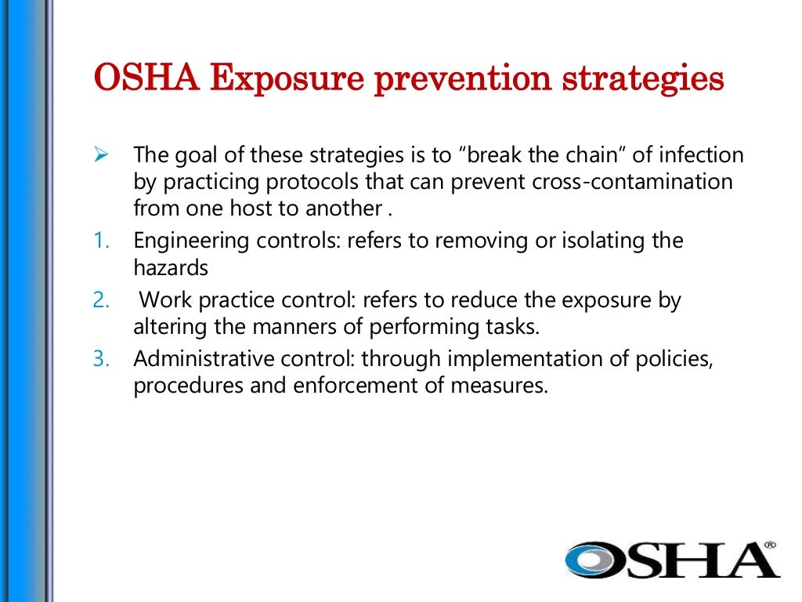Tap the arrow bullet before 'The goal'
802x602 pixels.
[99, 153]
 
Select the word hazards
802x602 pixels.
[171, 268]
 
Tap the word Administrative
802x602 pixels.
[194, 360]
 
